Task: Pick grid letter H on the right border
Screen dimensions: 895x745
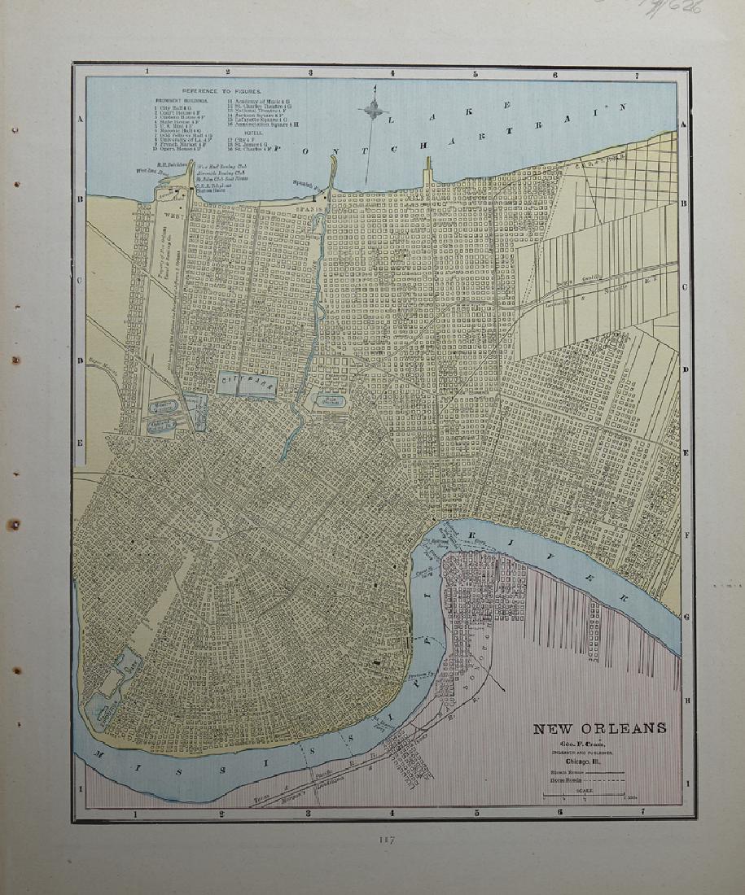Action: click(x=686, y=700)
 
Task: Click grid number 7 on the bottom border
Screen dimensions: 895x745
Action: click(x=642, y=811)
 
